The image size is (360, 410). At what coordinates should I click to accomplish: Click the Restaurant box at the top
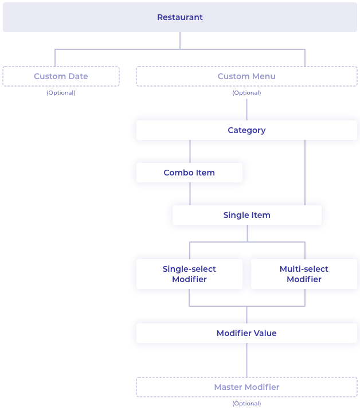tap(180, 17)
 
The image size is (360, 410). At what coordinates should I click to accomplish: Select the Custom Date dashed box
tap(61, 76)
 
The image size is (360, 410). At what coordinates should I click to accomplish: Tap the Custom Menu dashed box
tap(246, 76)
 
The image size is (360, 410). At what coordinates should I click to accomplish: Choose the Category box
tap(246, 130)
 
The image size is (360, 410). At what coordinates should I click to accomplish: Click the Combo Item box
tap(189, 173)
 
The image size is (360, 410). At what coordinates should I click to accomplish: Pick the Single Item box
tap(246, 215)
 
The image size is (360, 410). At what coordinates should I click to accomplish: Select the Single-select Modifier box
tap(189, 274)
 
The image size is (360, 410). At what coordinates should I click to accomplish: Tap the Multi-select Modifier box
tap(304, 274)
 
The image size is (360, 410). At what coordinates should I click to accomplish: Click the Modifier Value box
tap(246, 333)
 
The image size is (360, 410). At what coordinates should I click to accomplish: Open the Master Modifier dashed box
tap(246, 387)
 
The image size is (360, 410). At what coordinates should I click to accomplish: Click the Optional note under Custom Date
tap(61, 93)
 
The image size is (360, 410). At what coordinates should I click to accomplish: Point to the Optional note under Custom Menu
tap(246, 93)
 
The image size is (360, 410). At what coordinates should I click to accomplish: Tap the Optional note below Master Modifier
tap(246, 404)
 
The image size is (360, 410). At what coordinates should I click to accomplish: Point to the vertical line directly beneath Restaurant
tap(180, 40)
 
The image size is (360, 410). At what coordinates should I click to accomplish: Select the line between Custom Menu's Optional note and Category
tap(247, 106)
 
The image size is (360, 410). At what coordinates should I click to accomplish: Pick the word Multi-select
tap(304, 269)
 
